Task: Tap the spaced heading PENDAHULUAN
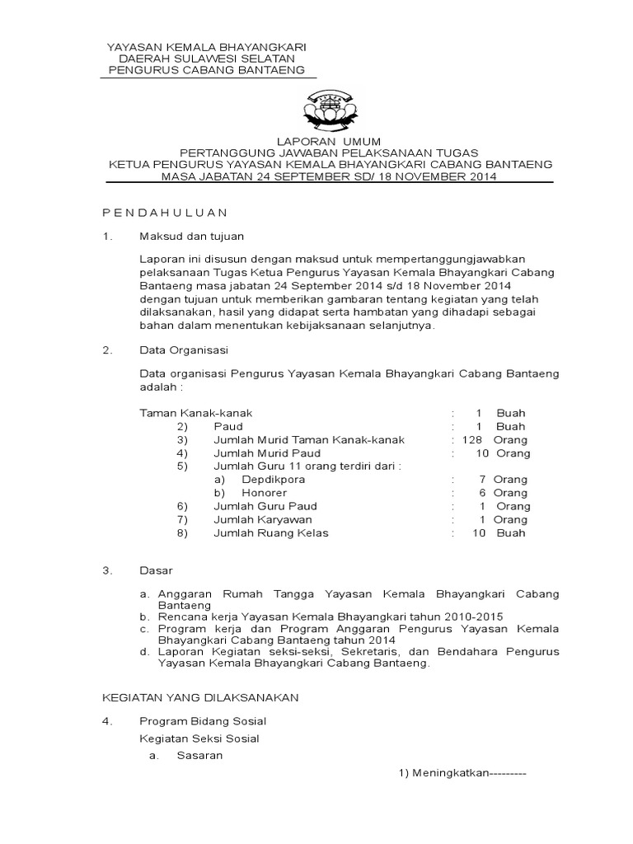tap(164, 213)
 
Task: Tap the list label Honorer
tap(264, 492)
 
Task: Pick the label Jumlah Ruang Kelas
tap(271, 532)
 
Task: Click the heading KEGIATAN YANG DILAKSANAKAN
tap(199, 697)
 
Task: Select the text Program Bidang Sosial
tap(203, 721)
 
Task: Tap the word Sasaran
tap(199, 756)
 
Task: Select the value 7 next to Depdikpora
tap(481, 479)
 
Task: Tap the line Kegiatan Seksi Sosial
tap(199, 738)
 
